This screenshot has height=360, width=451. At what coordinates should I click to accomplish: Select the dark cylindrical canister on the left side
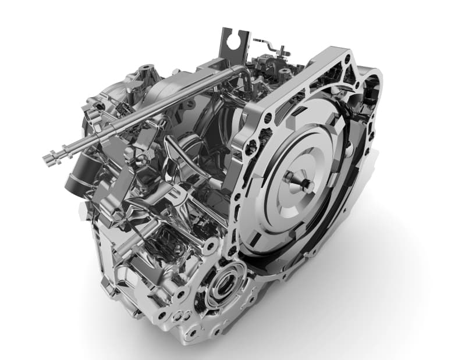[x=79, y=178]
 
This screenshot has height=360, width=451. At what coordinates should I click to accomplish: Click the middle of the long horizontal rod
[x=145, y=111]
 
